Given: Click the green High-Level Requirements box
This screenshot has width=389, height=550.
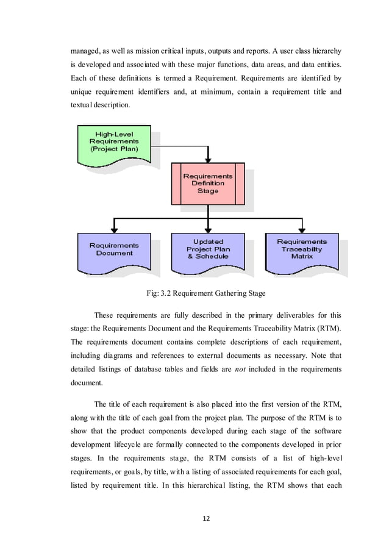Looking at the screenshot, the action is pyautogui.click(x=113, y=144).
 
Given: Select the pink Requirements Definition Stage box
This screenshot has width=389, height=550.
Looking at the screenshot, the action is pyautogui.click(x=207, y=183).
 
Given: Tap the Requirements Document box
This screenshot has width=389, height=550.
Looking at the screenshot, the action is pyautogui.click(x=113, y=251).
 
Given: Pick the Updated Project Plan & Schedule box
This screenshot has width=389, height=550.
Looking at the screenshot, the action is pyautogui.click(x=207, y=250).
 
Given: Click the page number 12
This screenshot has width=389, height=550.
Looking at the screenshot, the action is pyautogui.click(x=205, y=518).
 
